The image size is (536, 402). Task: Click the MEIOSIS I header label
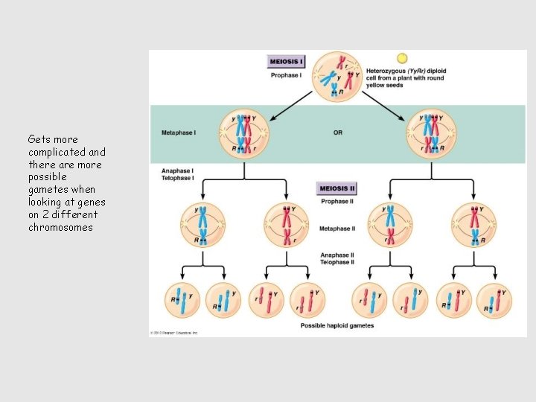[287, 62]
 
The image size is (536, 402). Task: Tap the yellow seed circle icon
[402, 58]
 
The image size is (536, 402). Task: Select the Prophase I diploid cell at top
[336, 77]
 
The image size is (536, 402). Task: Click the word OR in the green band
[338, 133]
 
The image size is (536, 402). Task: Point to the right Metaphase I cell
[431, 134]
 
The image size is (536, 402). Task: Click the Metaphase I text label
[179, 133]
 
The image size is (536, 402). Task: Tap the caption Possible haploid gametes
[337, 326]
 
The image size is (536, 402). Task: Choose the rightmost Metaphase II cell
[473, 224]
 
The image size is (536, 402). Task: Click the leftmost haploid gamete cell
[182, 301]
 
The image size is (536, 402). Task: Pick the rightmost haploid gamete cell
[494, 301]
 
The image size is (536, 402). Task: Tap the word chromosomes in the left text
[60, 228]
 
